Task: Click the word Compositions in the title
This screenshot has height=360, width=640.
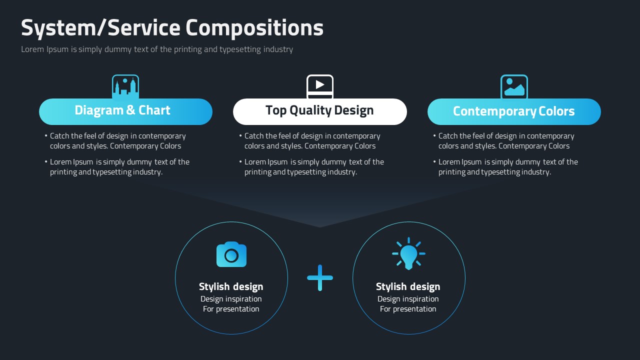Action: point(254,28)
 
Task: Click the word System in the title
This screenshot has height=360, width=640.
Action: point(58,28)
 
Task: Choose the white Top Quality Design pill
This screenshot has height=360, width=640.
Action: point(319,111)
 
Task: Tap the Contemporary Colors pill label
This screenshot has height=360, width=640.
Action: point(514,111)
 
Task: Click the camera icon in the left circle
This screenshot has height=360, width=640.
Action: point(231,254)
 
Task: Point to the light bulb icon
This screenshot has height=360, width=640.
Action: point(408,253)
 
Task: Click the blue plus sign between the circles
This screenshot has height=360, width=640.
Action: point(320,277)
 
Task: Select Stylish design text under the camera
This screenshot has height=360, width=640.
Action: point(231,286)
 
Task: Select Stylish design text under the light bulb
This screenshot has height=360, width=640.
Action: point(408,286)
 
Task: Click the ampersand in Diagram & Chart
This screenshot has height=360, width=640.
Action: point(130,110)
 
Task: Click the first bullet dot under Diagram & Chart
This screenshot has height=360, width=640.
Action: point(46,136)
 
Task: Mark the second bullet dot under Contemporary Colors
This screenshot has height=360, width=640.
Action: point(434,162)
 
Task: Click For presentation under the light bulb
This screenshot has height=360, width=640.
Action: point(408,309)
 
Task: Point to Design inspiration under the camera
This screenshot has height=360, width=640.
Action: point(231,299)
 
